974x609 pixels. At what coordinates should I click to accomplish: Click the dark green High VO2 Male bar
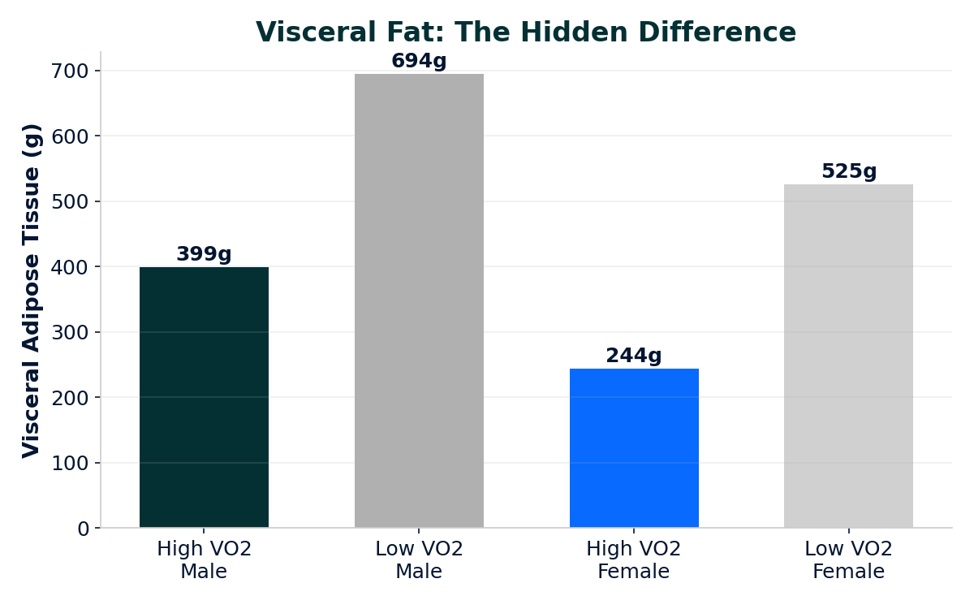204,397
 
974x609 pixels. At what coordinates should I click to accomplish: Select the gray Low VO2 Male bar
419,300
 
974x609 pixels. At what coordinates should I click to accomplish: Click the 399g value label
204,255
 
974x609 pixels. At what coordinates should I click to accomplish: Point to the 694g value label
419,62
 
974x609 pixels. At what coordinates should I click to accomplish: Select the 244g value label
634,356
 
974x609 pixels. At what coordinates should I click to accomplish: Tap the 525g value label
848,172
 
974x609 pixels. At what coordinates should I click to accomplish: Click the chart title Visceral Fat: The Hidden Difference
526,32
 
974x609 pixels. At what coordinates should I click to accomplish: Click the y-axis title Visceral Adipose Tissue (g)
32,290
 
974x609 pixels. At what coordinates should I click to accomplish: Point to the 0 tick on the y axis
84,529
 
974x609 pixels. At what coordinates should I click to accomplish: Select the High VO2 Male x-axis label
204,560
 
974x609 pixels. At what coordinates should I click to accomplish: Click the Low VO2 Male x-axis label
419,560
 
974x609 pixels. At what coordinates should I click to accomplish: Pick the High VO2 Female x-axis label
634,560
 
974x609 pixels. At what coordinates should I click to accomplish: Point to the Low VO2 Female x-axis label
848,560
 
